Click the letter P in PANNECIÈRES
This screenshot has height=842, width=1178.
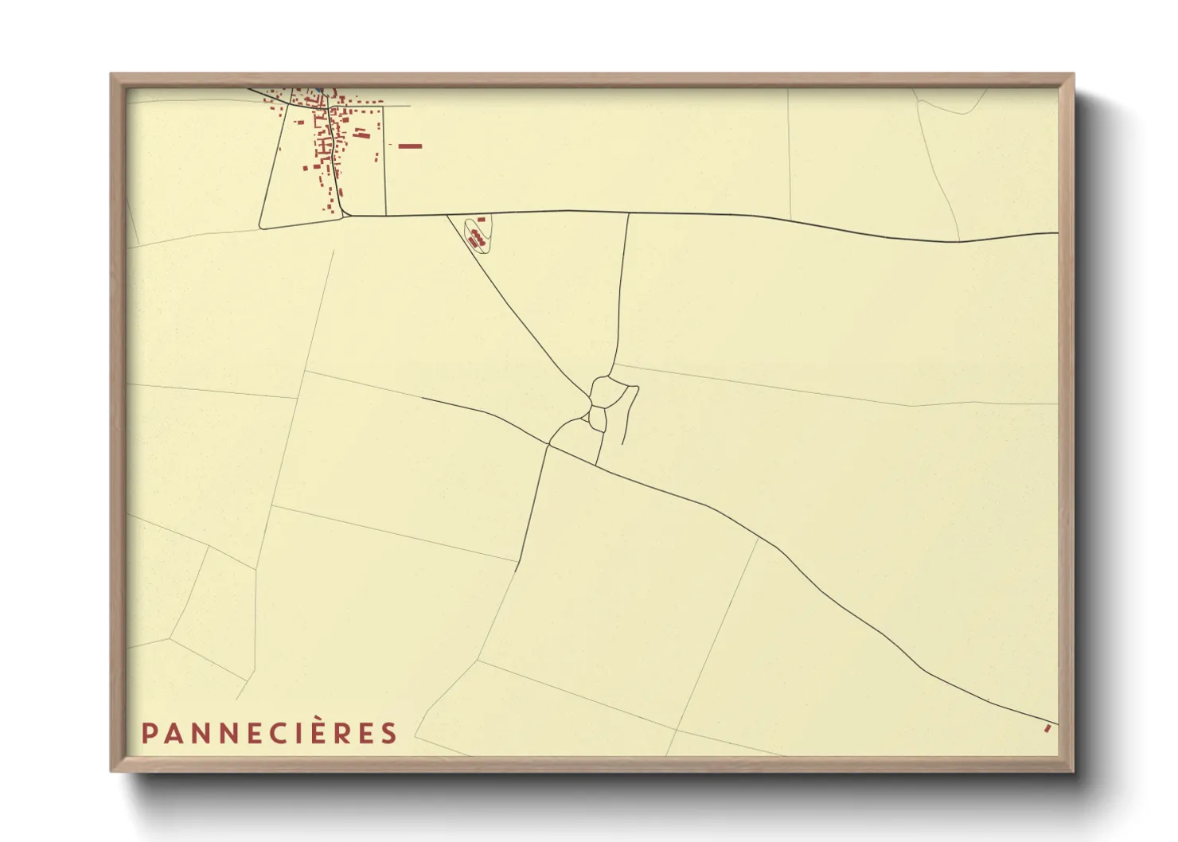click(x=148, y=733)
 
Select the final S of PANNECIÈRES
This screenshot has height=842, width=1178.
click(x=388, y=733)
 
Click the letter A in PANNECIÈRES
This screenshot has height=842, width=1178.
click(x=171, y=733)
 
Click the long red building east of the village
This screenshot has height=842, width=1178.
click(x=409, y=146)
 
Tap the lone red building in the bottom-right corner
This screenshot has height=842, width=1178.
click(x=1047, y=727)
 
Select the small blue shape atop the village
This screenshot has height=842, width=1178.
click(x=318, y=89)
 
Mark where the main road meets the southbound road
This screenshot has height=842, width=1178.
click(x=629, y=212)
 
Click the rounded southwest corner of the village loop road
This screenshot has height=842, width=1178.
click(x=263, y=228)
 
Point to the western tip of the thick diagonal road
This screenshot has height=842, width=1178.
click(x=422, y=397)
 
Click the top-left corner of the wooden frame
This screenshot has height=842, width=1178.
click(x=111, y=75)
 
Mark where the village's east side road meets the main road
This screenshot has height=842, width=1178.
click(x=385, y=215)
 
